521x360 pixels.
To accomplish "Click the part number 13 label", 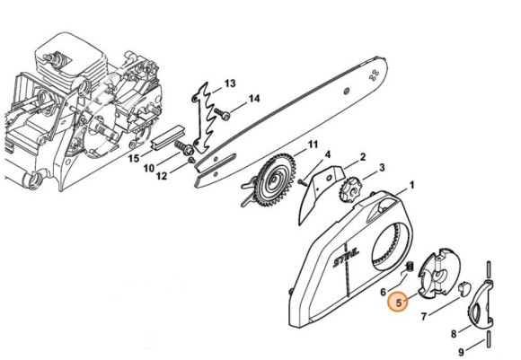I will coord(230,83).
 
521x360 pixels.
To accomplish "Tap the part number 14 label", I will coord(254,99).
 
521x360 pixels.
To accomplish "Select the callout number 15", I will coord(134,158).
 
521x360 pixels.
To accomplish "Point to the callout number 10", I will coord(150,168).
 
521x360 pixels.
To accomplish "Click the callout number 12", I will coord(163,176).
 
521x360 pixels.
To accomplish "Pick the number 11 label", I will coord(313,145).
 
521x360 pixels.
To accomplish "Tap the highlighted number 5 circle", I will coord(397,304).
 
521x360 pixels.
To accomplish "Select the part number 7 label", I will coord(424,315).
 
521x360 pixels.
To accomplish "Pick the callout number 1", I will coord(412,186).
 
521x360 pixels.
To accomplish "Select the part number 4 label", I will coord(329,154).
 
